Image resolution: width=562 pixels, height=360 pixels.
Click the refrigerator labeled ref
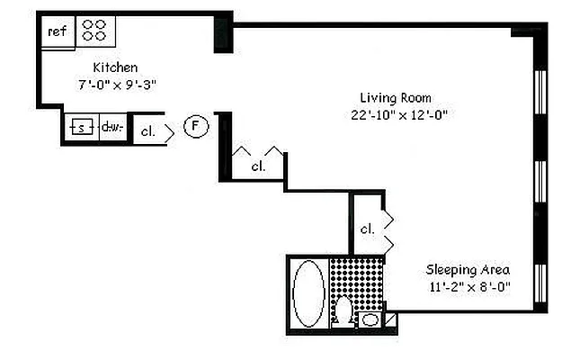(x=58, y=31)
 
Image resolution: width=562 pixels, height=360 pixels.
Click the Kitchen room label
(x=115, y=67)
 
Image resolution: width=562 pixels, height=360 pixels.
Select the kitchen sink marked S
(x=81, y=128)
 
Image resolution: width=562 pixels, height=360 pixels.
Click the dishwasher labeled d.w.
(x=112, y=128)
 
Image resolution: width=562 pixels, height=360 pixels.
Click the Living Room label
(x=396, y=97)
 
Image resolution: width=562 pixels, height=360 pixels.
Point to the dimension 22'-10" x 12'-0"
(x=399, y=114)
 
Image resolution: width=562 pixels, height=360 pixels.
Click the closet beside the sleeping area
(x=367, y=229)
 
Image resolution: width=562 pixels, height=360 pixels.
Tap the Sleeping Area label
(x=468, y=270)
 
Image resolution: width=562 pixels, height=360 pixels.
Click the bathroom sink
(x=370, y=319)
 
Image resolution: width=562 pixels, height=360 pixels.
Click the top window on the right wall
(x=540, y=93)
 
